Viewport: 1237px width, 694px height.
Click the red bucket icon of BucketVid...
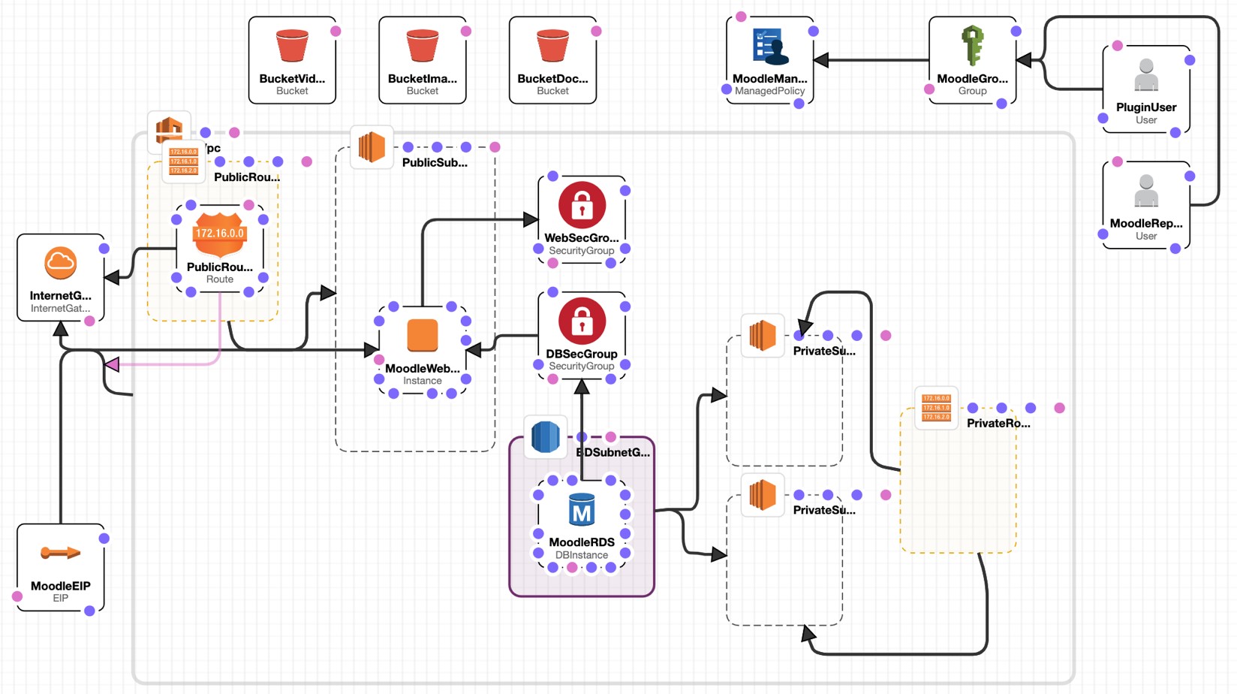(x=292, y=46)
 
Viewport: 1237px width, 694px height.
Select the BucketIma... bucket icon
(x=422, y=46)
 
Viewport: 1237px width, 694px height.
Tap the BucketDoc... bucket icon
(x=552, y=46)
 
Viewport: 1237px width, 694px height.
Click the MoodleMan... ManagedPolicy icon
(x=769, y=46)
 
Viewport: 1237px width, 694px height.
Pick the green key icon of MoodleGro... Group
(x=972, y=45)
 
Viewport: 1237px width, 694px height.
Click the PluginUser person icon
(x=1145, y=75)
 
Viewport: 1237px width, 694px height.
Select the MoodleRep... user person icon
(x=1145, y=191)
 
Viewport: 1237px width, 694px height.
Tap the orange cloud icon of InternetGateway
(x=60, y=263)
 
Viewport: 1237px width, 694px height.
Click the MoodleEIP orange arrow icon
(x=60, y=554)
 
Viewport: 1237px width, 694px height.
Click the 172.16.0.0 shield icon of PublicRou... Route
(x=219, y=234)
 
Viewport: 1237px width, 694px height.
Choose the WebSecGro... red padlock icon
(x=582, y=204)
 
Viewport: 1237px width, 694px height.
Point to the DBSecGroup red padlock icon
(x=582, y=321)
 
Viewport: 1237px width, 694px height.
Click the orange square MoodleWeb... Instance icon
(x=422, y=336)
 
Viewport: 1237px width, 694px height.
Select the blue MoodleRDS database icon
(x=582, y=511)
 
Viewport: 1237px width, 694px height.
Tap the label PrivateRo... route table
(x=998, y=424)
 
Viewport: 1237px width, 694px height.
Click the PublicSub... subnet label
(x=434, y=162)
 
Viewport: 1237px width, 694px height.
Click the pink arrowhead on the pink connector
(x=113, y=364)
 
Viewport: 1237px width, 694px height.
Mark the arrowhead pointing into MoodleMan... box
(x=821, y=60)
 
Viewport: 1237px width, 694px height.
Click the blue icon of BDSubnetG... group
(x=545, y=437)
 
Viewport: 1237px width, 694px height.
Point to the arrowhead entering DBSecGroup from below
(x=582, y=387)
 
